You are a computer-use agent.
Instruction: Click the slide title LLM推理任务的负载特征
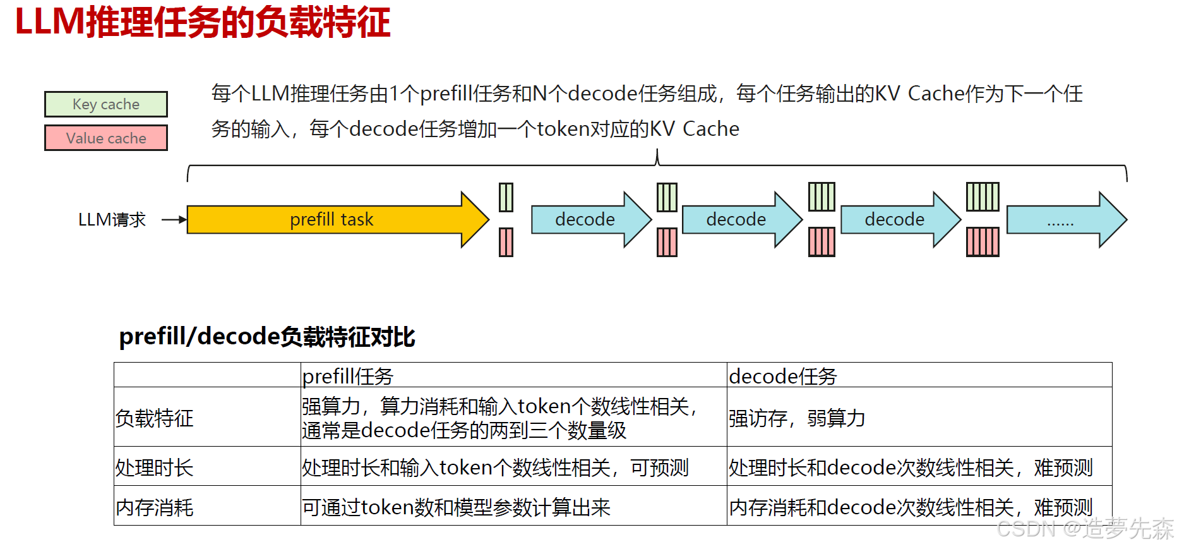tap(203, 23)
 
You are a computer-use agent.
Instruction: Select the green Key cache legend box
tap(106, 104)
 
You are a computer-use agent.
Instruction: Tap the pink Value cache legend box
tap(106, 138)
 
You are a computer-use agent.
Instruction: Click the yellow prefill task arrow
tap(332, 219)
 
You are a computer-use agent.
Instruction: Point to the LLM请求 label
tap(112, 220)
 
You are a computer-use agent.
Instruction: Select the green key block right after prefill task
tap(506, 197)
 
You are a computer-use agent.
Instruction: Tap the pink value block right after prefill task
tap(506, 242)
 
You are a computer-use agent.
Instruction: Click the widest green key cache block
tap(983, 197)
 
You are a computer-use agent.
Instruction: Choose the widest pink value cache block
tap(983, 242)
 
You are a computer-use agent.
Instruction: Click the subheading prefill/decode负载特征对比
tap(267, 337)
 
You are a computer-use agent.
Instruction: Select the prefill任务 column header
tap(348, 377)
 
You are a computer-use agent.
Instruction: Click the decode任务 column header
tap(783, 377)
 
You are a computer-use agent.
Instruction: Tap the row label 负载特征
tap(155, 418)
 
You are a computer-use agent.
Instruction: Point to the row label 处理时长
tap(155, 468)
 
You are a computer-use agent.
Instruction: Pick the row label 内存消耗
tap(155, 507)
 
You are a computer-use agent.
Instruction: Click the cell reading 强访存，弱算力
tap(797, 418)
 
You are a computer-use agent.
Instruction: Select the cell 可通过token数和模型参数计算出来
tap(456, 507)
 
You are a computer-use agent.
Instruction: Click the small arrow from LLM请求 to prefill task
tap(174, 220)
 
